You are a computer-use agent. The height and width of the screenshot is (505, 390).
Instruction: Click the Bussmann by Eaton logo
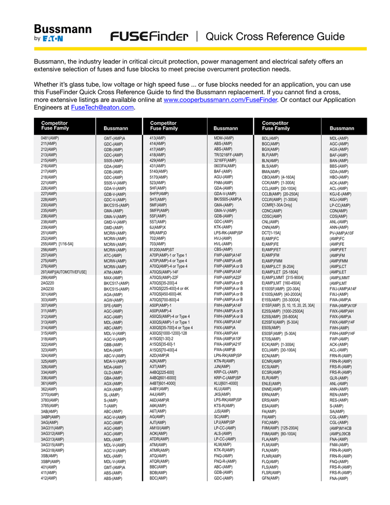62,33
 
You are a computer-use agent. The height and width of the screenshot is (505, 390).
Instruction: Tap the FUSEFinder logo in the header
149,36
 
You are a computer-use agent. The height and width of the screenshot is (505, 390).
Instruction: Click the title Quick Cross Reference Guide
275,36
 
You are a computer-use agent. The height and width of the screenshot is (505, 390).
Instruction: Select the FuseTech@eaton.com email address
102,108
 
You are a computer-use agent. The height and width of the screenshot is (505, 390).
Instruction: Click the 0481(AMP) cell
49,138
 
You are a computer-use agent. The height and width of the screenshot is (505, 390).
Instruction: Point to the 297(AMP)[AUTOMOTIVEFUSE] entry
64,272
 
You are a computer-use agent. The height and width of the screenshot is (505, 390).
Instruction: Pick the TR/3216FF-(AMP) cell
228,155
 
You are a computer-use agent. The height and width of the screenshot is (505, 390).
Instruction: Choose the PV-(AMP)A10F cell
341,233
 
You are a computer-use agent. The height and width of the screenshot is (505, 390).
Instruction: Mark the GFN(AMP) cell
271,478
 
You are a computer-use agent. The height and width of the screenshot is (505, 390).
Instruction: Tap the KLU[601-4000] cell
226,383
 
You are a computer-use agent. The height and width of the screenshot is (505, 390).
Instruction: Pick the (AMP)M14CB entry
340,428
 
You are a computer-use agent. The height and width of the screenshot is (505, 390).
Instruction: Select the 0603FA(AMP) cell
225,166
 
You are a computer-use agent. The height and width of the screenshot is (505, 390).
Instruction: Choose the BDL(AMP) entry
270,139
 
